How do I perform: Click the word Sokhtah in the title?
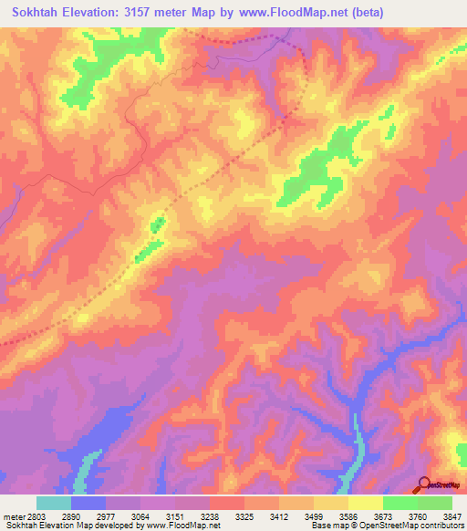pyautogui.click(x=40, y=13)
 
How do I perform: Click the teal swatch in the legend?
pyautogui.click(x=54, y=503)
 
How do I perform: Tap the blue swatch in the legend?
pyautogui.click(x=88, y=503)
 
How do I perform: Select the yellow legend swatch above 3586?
pyautogui.click(x=330, y=503)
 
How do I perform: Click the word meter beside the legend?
pyautogui.click(x=10, y=515)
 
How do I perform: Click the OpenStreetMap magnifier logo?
pyautogui.click(x=425, y=484)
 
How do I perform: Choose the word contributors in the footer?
pyautogui.click(x=441, y=526)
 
